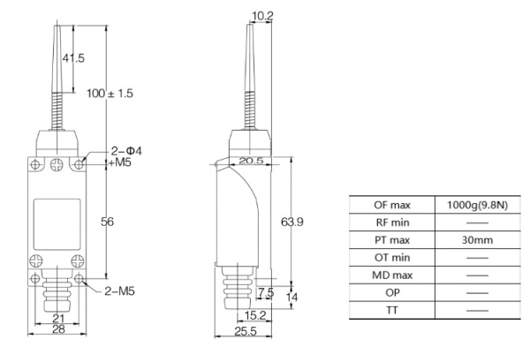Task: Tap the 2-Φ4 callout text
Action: pos(126,150)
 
